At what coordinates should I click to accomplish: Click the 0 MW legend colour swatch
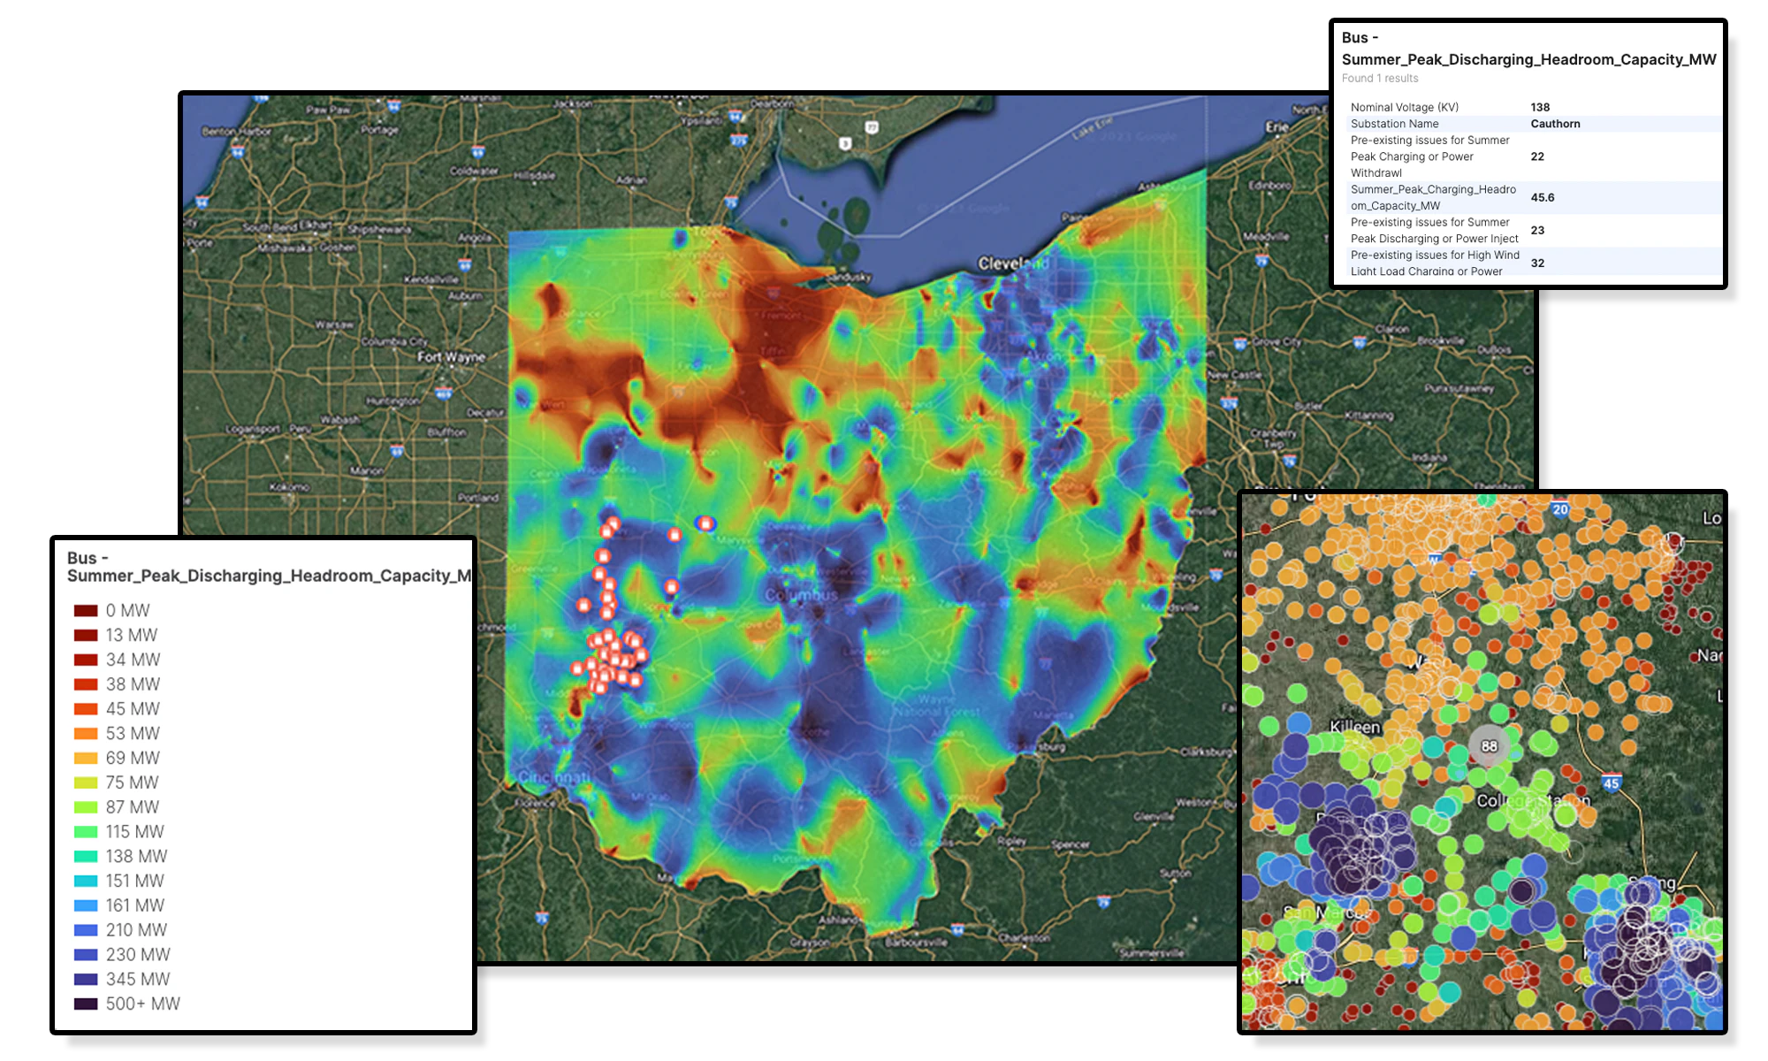point(86,611)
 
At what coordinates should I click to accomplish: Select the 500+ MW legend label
point(142,1004)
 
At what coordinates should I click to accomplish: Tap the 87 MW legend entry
point(132,807)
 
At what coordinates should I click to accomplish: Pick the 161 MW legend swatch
point(86,905)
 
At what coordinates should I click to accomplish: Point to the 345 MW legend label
point(137,979)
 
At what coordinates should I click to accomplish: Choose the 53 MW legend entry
point(132,733)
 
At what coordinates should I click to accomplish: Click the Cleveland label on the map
point(1012,263)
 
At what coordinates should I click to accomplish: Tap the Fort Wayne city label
point(451,357)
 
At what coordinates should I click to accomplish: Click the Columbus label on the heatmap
point(801,595)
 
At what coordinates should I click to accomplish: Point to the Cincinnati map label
point(554,777)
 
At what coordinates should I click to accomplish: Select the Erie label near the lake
point(1276,126)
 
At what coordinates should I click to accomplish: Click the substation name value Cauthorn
point(1555,124)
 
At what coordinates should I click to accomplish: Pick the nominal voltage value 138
point(1540,107)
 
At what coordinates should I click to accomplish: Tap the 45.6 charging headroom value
point(1543,197)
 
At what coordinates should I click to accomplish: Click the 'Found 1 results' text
point(1379,79)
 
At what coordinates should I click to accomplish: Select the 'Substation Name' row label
point(1394,124)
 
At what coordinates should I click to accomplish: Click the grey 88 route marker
point(1489,746)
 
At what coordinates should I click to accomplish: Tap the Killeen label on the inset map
point(1354,727)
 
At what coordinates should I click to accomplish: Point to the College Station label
point(1533,801)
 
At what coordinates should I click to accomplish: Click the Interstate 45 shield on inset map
point(1611,783)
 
